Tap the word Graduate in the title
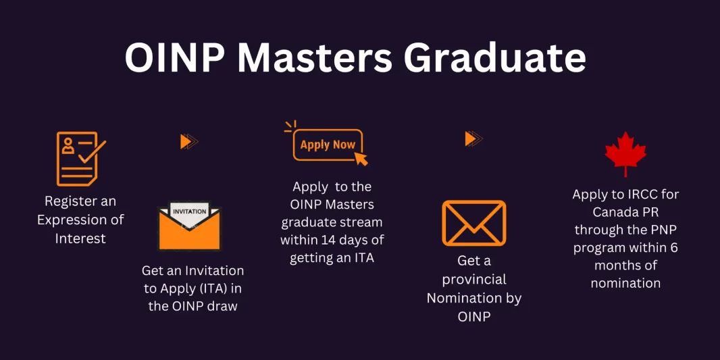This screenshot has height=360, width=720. tap(495, 59)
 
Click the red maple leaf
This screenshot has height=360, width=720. tap(625, 153)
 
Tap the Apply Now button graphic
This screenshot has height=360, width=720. tap(328, 145)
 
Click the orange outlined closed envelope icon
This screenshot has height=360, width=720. tap(474, 223)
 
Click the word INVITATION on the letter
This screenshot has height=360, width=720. tap(190, 211)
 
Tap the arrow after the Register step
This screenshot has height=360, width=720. tap(189, 141)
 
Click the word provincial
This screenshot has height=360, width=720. tap(474, 279)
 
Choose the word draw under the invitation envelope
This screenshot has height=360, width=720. tap(222, 305)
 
